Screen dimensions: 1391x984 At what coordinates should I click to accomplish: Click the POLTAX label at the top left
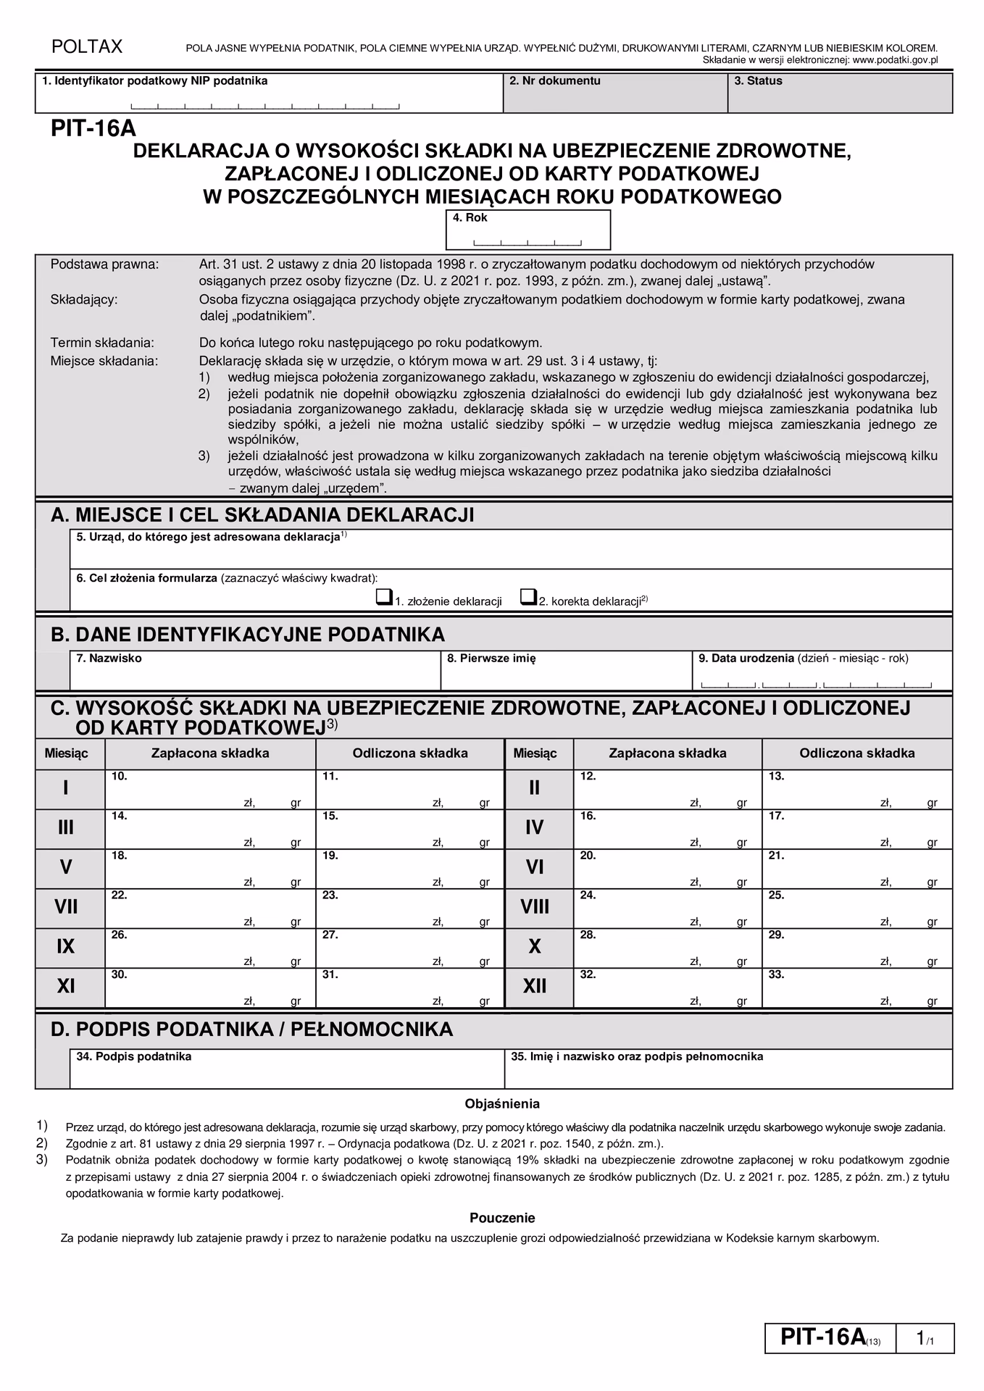point(86,47)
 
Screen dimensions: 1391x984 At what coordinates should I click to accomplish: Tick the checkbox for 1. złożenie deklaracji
point(383,598)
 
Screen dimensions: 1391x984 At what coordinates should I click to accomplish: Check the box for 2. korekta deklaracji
point(528,598)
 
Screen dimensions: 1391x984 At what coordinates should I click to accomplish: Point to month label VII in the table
point(66,907)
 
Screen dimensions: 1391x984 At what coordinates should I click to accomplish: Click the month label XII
point(535,987)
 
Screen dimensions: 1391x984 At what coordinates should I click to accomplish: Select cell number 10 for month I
point(209,789)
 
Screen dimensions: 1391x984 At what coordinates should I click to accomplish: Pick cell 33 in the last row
point(856,988)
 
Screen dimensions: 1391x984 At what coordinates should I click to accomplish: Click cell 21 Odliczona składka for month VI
point(856,869)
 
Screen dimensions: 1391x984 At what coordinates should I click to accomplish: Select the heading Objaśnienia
point(502,1104)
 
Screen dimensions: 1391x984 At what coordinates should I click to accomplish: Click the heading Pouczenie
point(502,1218)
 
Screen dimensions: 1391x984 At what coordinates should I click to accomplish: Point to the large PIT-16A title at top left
point(93,129)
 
